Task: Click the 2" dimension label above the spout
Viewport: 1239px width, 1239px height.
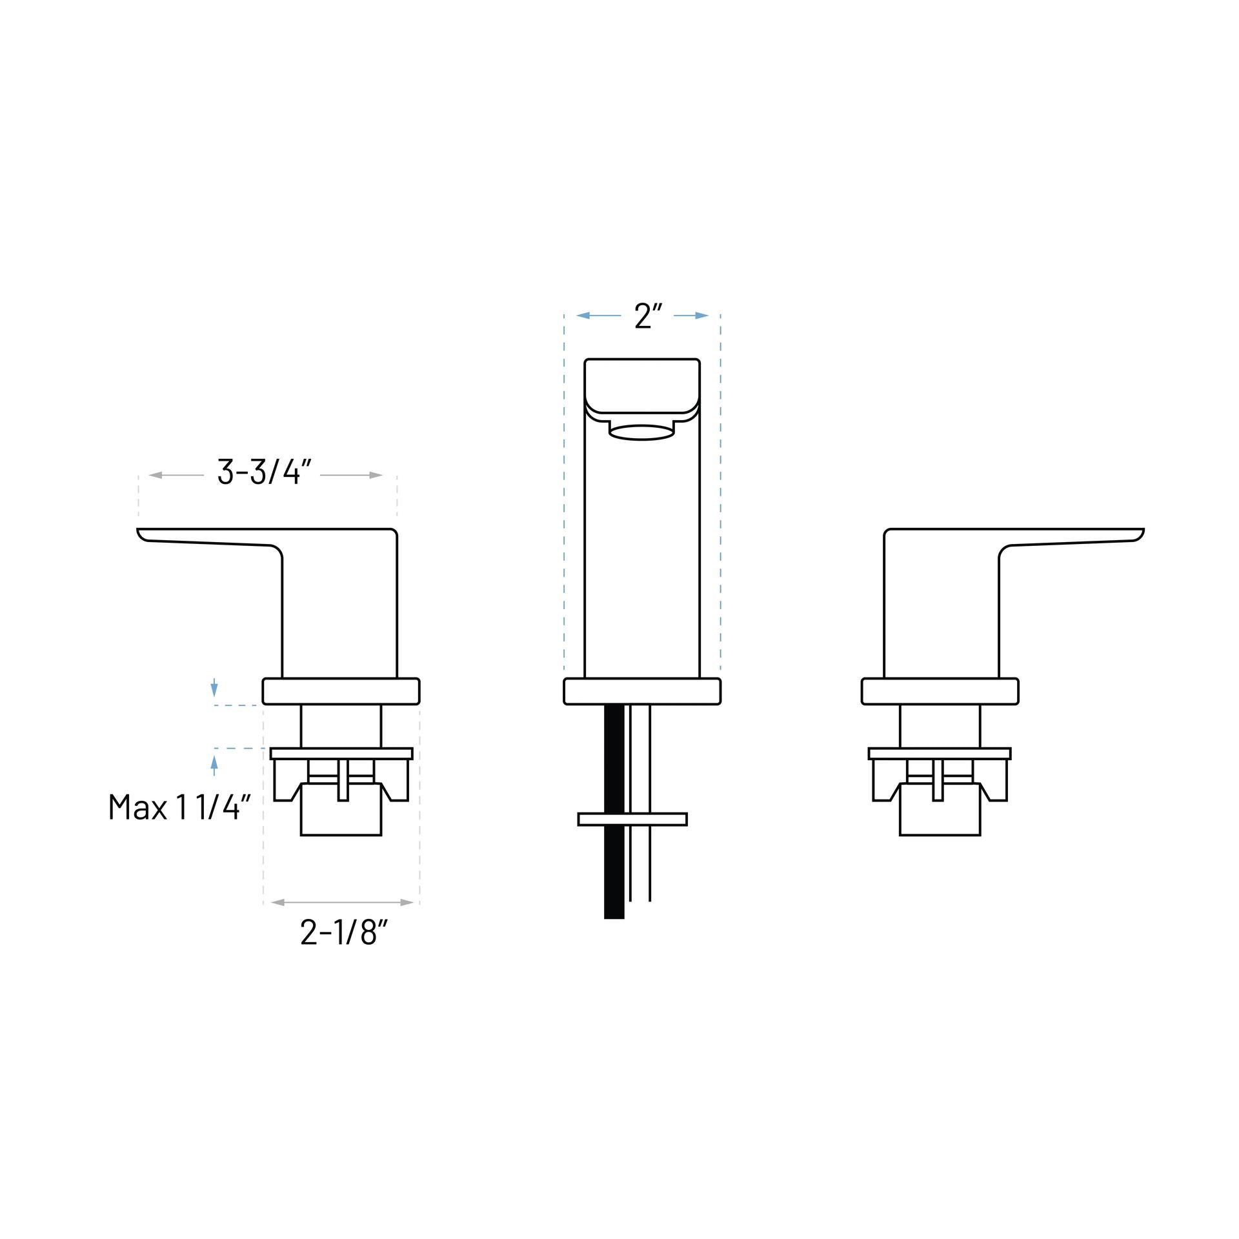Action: tap(648, 316)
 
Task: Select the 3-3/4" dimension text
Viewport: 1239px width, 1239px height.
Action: tap(265, 473)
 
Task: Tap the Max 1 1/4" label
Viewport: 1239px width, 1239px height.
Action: tap(179, 807)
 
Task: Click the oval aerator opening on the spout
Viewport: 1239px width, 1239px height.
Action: tap(642, 432)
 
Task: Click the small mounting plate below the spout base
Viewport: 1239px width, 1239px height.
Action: tap(632, 819)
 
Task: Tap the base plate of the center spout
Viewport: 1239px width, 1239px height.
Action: tap(642, 691)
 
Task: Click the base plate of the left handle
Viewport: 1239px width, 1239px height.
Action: tap(341, 691)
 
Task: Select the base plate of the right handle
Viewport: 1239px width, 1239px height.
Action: tap(940, 691)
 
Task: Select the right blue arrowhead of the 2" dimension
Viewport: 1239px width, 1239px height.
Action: tap(701, 316)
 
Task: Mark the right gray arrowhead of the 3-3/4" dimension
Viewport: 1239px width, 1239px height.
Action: tap(376, 475)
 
